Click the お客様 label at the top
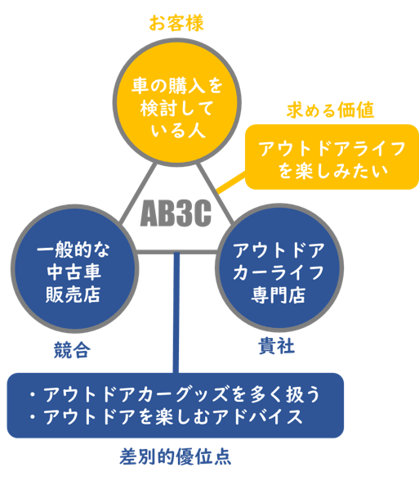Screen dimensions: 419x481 click(x=176, y=23)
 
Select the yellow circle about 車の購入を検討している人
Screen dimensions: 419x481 click(x=177, y=102)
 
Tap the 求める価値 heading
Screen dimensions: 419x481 click(x=331, y=110)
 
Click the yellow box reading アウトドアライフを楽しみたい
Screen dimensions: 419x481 click(x=332, y=157)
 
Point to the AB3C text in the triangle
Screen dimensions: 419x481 click(x=176, y=214)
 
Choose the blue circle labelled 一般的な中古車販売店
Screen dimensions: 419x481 click(x=74, y=268)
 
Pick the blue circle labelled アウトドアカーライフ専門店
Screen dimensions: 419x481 click(x=279, y=267)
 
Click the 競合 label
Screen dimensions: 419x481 click(x=72, y=350)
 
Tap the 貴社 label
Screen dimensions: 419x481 click(x=277, y=346)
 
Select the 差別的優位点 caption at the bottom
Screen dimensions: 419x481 click(x=175, y=457)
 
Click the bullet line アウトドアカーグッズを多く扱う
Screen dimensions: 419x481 click(x=175, y=394)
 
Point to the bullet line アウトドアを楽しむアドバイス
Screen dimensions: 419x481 click(x=166, y=417)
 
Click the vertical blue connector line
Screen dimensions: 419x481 click(x=176, y=312)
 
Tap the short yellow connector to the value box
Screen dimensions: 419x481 click(x=231, y=183)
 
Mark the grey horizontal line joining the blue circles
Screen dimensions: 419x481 click(x=176, y=252)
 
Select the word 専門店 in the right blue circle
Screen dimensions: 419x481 click(x=278, y=295)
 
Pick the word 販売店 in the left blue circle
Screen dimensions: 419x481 click(x=74, y=294)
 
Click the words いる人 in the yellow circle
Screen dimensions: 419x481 click(x=178, y=131)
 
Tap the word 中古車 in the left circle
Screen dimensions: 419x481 click(x=74, y=272)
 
